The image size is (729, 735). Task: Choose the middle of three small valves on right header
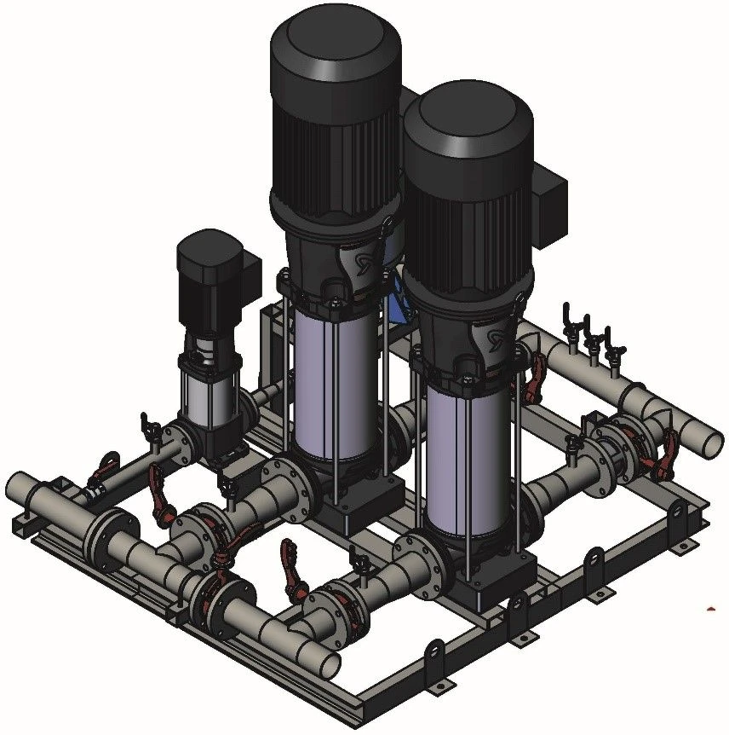point(588,337)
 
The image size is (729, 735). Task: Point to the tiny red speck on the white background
point(713,608)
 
